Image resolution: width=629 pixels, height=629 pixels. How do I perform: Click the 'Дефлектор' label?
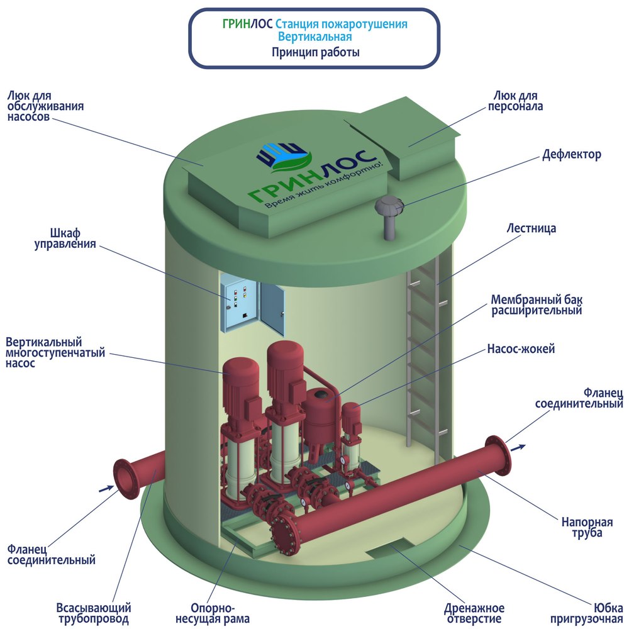572,155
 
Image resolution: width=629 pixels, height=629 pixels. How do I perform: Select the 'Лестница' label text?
531,228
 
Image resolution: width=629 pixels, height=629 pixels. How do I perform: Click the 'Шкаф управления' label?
65,238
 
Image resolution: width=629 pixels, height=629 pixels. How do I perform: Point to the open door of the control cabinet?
272,308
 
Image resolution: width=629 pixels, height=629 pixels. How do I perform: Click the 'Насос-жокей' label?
521,348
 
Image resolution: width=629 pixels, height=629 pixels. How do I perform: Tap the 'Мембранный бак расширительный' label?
537,305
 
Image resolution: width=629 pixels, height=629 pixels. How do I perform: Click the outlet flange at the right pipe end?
498,456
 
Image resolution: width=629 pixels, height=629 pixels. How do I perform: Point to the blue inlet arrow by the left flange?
106,488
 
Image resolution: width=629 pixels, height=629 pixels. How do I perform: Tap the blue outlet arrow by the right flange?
520,447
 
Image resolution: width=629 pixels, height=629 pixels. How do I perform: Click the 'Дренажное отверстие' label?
474,614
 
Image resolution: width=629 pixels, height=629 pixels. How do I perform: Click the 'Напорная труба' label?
587,527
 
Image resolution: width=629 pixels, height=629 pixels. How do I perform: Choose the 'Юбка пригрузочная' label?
586,613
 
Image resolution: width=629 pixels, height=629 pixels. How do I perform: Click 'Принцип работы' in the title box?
315,52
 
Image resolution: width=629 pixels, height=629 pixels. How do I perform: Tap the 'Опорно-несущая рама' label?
213,613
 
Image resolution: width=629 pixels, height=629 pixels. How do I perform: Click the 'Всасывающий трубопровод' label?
94,613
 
